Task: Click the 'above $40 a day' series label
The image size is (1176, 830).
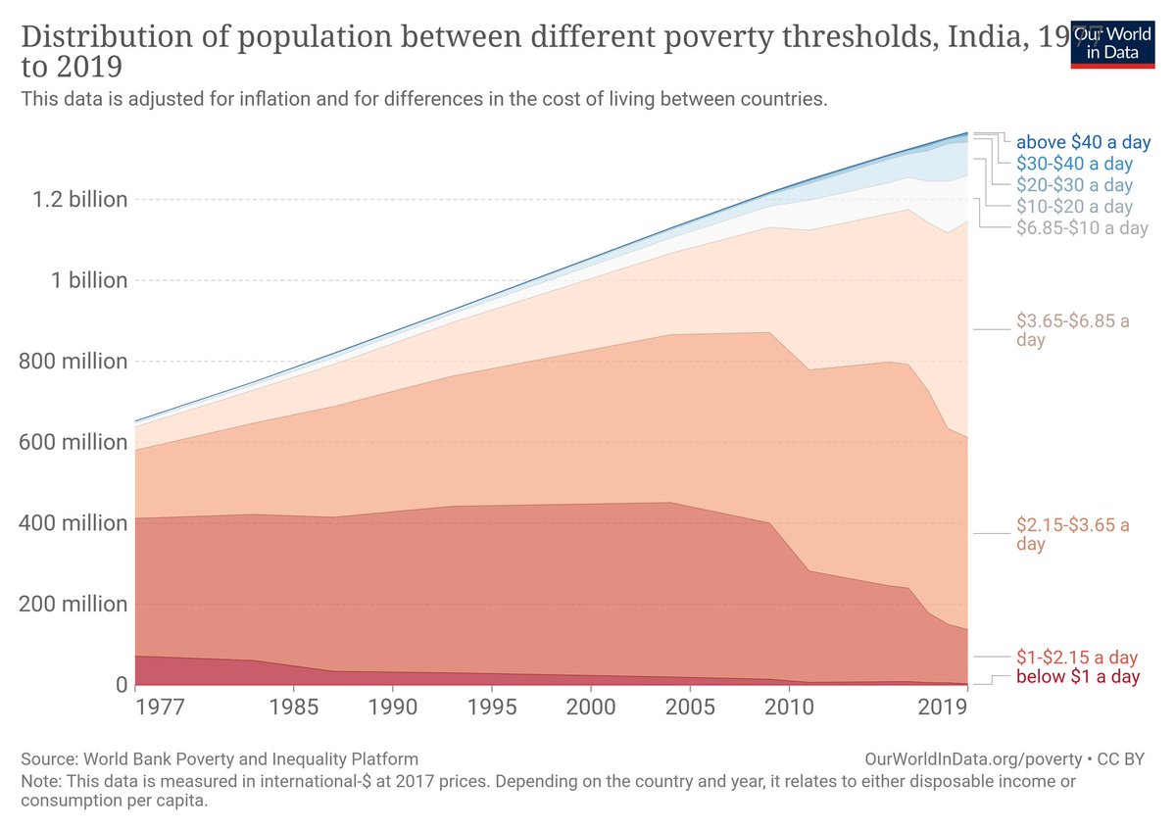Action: point(1083,142)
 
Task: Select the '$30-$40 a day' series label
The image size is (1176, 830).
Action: point(1074,164)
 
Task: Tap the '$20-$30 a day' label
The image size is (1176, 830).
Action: point(1074,185)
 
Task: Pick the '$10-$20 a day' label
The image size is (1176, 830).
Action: point(1074,207)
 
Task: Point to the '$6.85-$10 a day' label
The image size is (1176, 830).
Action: point(1082,228)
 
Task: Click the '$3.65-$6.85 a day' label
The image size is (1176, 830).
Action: point(1072,330)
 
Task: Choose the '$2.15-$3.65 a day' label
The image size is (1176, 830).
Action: point(1072,534)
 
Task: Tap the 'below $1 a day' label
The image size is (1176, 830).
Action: point(1078,677)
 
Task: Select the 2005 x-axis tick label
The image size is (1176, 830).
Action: point(690,707)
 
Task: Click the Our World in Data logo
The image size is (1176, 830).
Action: point(1111,43)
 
